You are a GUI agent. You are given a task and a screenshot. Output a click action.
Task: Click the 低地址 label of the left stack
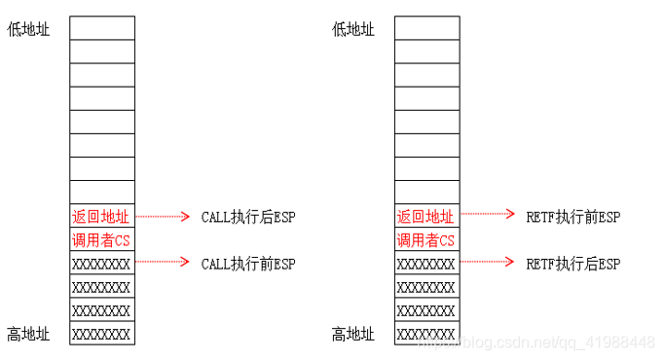[28, 29]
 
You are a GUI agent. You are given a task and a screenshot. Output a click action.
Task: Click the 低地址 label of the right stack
[353, 29]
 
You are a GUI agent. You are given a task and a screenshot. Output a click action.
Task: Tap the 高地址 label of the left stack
[28, 335]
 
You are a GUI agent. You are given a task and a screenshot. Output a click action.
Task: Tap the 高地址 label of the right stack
[353, 335]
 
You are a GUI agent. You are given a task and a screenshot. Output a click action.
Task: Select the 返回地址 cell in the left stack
[101, 217]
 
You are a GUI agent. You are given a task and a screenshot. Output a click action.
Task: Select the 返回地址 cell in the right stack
[426, 217]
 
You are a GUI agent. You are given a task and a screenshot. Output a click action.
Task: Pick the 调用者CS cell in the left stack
[101, 240]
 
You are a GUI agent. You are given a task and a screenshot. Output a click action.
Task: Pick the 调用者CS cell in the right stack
[426, 240]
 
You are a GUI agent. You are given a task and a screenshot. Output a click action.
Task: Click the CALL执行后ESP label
[247, 217]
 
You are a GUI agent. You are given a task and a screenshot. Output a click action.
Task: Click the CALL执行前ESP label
[247, 264]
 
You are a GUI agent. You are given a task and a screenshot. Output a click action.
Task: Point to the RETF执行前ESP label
[572, 217]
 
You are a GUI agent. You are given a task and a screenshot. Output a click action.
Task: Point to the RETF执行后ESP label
[572, 264]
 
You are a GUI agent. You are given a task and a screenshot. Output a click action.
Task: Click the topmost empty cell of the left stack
[101, 28]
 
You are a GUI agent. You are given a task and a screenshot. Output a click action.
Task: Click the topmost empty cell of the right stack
[426, 28]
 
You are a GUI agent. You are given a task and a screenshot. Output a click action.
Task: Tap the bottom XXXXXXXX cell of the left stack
[101, 334]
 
